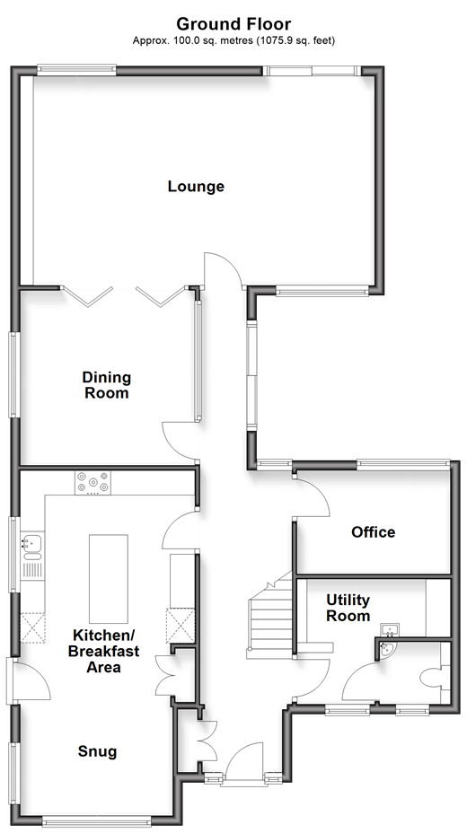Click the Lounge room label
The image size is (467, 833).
click(196, 187)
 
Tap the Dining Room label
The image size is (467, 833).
click(106, 385)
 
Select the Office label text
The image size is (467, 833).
click(373, 531)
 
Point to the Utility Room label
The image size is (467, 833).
click(348, 609)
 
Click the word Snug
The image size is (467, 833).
click(97, 751)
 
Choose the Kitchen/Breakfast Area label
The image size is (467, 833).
click(103, 651)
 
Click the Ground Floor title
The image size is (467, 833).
click(233, 24)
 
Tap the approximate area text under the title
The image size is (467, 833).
click(233, 40)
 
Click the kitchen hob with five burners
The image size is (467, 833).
click(93, 482)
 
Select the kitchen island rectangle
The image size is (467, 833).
click(109, 579)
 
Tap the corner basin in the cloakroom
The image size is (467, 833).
click(388, 650)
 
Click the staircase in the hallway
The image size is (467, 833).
click(271, 617)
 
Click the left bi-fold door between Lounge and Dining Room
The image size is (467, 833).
click(88, 297)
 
